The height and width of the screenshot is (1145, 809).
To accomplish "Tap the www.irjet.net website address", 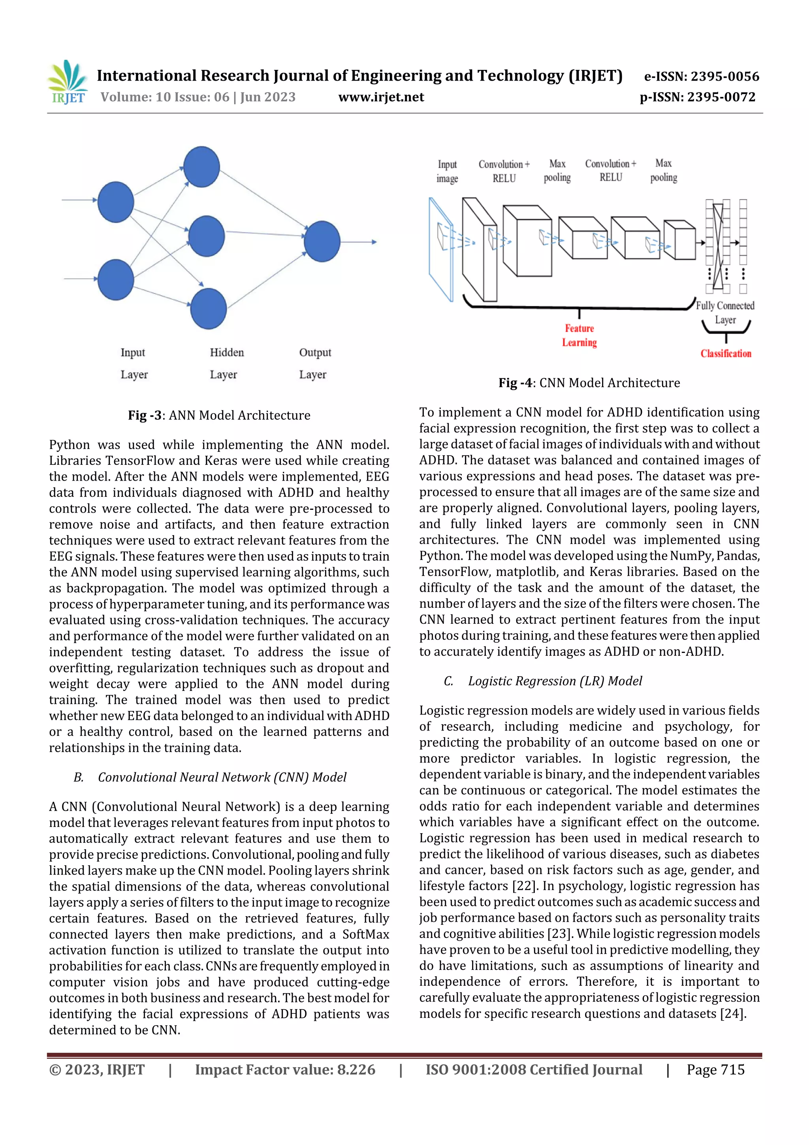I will click(381, 97).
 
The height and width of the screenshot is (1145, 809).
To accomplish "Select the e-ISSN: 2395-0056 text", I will click(701, 76).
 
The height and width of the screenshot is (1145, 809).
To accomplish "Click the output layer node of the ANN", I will click(322, 241).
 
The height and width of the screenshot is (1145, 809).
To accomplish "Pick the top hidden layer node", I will click(201, 166).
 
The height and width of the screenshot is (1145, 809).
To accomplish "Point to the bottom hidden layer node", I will click(208, 308).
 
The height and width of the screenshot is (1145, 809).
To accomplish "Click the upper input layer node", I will click(116, 202).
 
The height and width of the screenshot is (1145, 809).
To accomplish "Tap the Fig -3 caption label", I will click(219, 415).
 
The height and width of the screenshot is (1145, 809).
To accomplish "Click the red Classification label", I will click(725, 354).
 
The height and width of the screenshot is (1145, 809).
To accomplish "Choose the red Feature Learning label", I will click(579, 335).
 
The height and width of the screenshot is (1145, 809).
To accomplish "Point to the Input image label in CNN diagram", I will click(447, 171).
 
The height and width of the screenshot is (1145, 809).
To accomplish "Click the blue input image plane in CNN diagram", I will click(440, 249).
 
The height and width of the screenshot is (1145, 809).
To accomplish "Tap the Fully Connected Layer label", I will click(725, 312).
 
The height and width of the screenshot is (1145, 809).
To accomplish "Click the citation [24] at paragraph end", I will click(732, 1013).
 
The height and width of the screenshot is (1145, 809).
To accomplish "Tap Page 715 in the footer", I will click(715, 1069).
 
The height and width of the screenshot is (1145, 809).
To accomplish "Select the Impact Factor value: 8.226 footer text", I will click(285, 1069).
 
